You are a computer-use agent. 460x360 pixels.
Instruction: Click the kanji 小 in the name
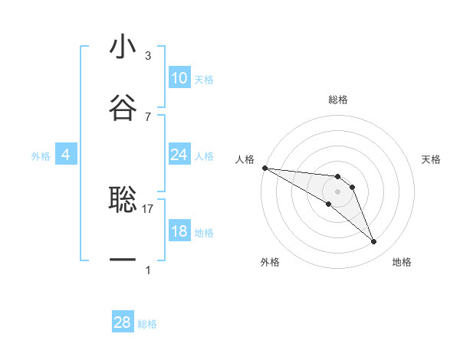[x=122, y=47]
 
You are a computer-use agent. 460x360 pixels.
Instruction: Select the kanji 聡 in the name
[x=122, y=199]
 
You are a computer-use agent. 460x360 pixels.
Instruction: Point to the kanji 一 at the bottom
[x=122, y=260]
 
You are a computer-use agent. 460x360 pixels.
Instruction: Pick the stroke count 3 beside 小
[x=148, y=56]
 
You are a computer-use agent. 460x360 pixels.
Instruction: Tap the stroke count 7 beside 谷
[x=148, y=116]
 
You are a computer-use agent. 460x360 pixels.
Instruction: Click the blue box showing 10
[x=179, y=78]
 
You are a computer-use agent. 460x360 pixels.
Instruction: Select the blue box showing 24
[x=179, y=155]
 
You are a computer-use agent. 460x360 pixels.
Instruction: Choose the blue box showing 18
[x=179, y=231]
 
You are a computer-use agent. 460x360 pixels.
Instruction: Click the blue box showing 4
[x=65, y=155]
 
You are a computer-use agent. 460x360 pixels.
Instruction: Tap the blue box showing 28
[x=122, y=322]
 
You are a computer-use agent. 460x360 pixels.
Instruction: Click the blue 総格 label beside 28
[x=147, y=324]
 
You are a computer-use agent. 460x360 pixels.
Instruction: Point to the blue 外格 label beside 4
[x=41, y=156]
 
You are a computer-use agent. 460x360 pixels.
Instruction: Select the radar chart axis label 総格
[x=337, y=100]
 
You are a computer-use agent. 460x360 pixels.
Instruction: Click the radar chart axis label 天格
[x=432, y=159]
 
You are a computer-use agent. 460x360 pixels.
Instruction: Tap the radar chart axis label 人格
[x=245, y=159]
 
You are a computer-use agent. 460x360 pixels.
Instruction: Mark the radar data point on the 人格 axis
[x=264, y=168]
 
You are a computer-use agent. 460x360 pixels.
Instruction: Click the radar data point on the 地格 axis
[x=374, y=242]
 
